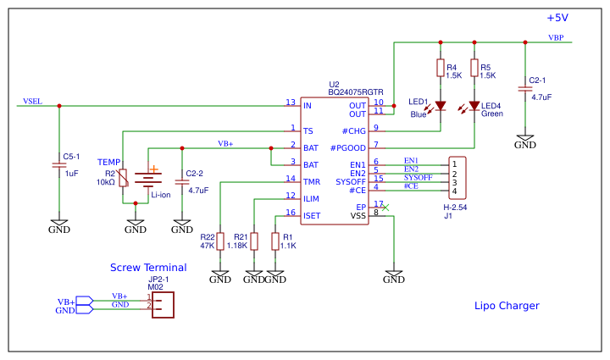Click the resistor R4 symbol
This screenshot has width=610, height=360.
440,69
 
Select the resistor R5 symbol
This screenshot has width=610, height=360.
474,69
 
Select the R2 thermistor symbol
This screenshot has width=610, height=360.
123,178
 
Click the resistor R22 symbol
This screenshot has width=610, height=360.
219,241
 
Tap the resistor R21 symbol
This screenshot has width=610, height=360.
254,241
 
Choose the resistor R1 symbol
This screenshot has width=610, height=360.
275,241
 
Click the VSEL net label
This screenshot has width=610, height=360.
32,101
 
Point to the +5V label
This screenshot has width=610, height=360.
557,18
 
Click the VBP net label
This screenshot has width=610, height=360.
556,38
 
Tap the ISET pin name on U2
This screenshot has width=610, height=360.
311,215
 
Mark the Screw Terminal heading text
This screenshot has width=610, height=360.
148,268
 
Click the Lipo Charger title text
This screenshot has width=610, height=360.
507,306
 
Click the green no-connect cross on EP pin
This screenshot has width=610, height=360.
385,207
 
